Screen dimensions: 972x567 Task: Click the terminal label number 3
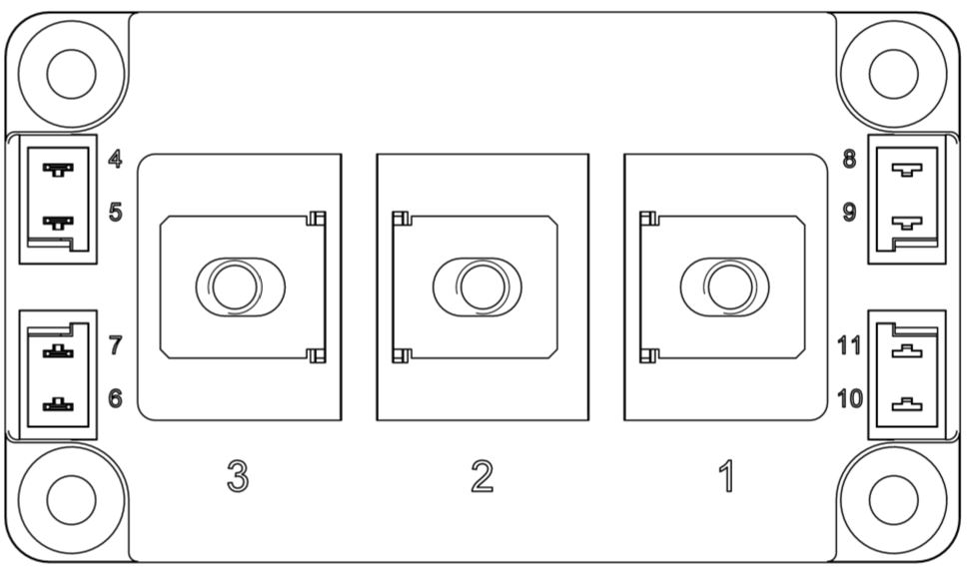tap(238, 476)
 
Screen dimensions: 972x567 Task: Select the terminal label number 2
tap(483, 476)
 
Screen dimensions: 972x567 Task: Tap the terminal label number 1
tap(726, 476)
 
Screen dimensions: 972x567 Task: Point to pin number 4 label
tap(115, 159)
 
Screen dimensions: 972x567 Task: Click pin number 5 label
tap(115, 212)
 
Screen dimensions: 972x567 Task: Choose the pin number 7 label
tap(115, 345)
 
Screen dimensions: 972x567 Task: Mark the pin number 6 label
tap(115, 398)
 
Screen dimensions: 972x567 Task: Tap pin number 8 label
tap(849, 159)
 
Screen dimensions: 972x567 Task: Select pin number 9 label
tap(849, 212)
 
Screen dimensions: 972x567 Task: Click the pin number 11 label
tap(849, 345)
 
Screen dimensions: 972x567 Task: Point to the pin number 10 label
tap(850, 398)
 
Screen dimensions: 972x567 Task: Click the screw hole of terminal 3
tap(235, 287)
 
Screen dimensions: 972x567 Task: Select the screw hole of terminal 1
tap(730, 287)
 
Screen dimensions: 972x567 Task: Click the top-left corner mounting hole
tap(71, 74)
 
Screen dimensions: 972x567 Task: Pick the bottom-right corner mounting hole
tap(893, 499)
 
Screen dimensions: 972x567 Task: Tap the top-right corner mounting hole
tap(893, 74)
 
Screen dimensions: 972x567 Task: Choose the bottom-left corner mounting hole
tap(71, 499)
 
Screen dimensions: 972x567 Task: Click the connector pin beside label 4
tap(58, 169)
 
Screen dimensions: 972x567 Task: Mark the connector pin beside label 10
tap(907, 405)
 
